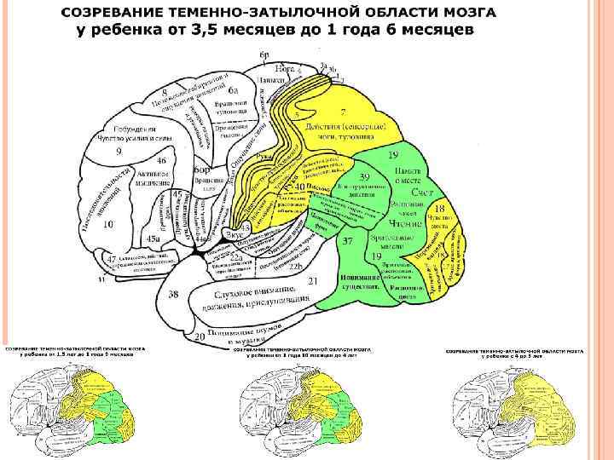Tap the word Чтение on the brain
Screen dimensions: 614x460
pyautogui.click(x=408, y=223)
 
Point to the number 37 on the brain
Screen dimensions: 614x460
pyautogui.click(x=348, y=241)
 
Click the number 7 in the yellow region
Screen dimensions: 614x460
pyautogui.click(x=343, y=112)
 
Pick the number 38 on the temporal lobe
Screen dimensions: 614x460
pyautogui.click(x=173, y=295)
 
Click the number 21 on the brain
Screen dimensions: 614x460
pyautogui.click(x=313, y=280)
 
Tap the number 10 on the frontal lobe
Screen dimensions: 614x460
pyautogui.click(x=108, y=224)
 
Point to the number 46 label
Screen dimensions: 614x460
pyautogui.click(x=161, y=160)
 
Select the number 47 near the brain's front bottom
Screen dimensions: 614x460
pyautogui.click(x=110, y=257)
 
